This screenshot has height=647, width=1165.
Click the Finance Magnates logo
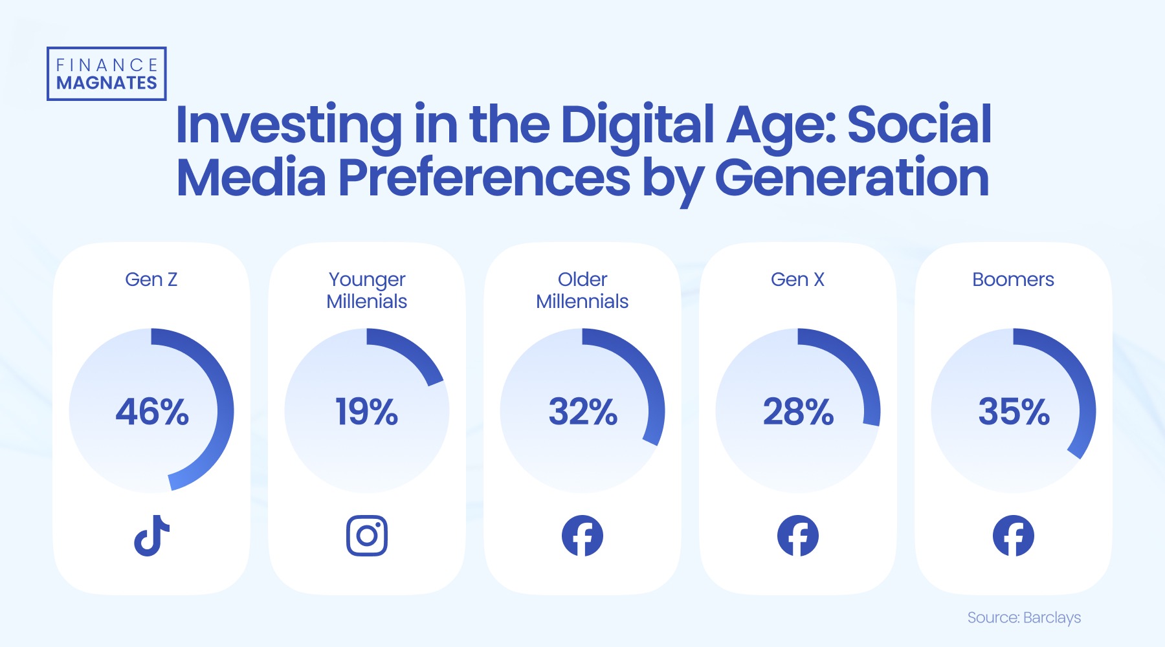click(107, 74)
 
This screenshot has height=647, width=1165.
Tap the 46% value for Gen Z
click(152, 412)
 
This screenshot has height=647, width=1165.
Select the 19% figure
click(366, 412)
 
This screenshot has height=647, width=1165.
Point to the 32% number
click(582, 412)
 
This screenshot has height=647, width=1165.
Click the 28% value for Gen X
click(798, 412)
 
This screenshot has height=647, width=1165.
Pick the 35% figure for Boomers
click(1014, 412)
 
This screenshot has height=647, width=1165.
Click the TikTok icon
click(151, 536)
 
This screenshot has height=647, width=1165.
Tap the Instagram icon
click(367, 536)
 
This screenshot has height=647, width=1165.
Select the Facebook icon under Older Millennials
click(582, 536)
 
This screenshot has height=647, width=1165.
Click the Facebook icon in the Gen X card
click(798, 536)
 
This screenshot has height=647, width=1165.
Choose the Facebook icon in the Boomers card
click(1014, 536)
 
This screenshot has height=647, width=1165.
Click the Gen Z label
click(151, 280)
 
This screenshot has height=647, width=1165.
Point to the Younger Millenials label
click(367, 291)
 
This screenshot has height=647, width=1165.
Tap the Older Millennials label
click(582, 291)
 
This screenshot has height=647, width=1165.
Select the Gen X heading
click(797, 280)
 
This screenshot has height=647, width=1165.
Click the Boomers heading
click(1013, 280)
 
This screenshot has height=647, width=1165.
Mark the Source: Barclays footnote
click(1024, 618)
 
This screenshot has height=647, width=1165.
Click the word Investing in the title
click(289, 126)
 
